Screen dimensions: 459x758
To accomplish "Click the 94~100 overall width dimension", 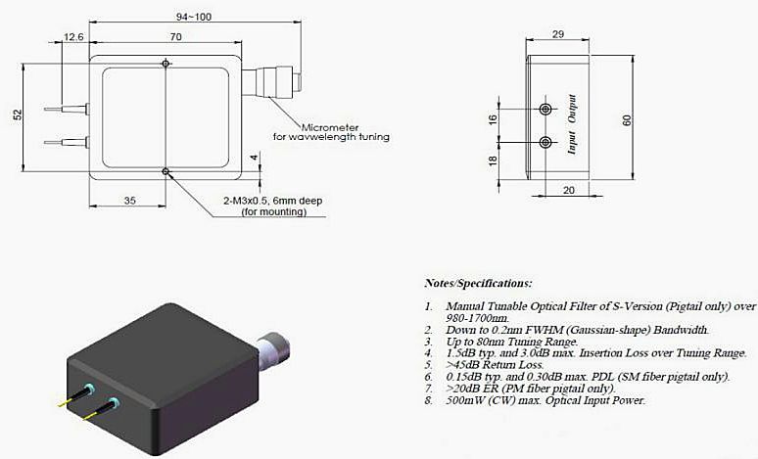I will (x=166, y=16).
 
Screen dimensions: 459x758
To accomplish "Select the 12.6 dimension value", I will (x=73, y=37).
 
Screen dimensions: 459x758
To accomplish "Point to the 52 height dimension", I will (x=17, y=115).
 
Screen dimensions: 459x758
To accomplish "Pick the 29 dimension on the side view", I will (x=557, y=34).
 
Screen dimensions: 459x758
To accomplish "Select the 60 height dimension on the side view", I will (x=627, y=119).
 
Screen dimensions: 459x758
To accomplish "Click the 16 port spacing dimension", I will (x=494, y=118).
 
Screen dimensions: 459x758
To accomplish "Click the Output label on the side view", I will (x=573, y=107).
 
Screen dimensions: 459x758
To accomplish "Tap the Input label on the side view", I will (x=573, y=146).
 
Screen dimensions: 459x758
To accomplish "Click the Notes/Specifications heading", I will (x=478, y=283).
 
